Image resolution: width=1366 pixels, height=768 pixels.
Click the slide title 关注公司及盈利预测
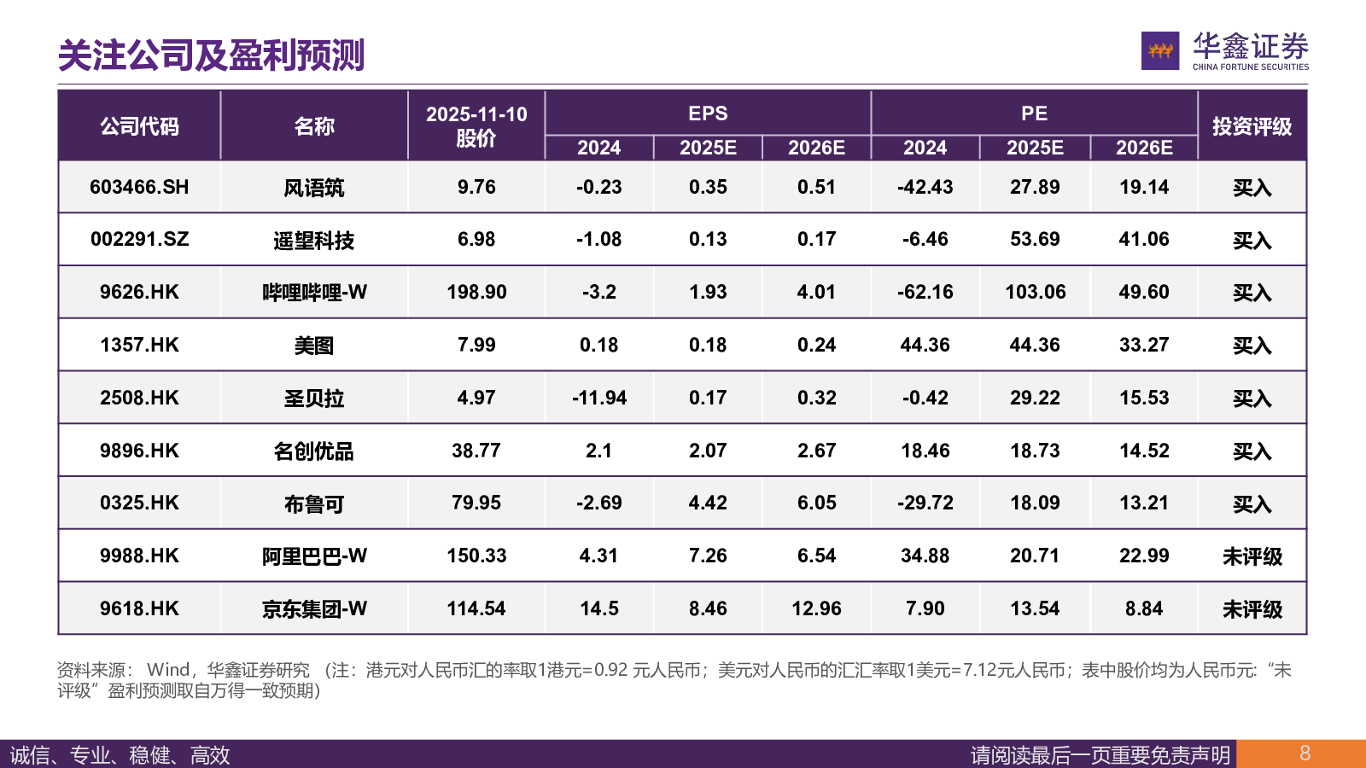211,55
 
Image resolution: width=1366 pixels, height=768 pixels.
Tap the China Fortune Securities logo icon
1159,50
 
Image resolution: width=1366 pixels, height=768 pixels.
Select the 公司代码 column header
139,126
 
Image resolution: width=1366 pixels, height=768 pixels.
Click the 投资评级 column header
1252,126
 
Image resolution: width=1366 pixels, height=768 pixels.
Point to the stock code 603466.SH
139,187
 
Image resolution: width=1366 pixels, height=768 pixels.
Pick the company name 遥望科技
313,240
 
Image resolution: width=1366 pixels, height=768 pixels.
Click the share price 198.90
476,292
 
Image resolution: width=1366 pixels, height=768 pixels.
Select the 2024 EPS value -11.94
598,398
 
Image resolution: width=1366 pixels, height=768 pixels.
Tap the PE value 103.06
1035,292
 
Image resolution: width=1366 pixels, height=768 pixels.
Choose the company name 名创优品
313,451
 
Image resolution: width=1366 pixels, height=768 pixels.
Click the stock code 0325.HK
139,503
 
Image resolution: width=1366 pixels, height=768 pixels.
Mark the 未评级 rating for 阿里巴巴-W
1252,556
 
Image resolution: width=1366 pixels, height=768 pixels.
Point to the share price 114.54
476,608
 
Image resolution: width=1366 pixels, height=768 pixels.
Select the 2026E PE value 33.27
1143,345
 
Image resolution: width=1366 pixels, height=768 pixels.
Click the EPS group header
708,113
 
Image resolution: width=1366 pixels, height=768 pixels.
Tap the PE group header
1034,113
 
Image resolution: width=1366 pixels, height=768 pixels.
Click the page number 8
1305,753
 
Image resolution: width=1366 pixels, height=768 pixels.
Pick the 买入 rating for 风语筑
1252,188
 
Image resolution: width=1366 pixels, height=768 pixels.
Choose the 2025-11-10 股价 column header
476,126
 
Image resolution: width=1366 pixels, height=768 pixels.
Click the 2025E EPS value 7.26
708,556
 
